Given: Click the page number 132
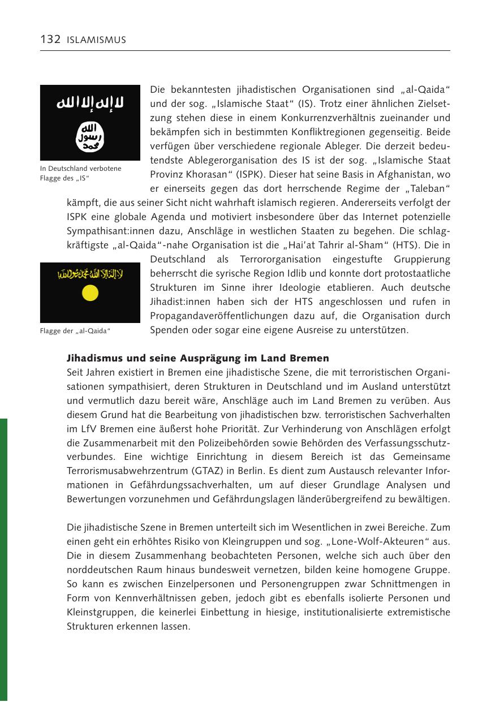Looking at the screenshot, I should (x=50, y=40).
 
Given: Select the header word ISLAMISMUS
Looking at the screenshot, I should (x=96, y=40).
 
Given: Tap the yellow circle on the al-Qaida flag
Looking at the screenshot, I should (x=90, y=292).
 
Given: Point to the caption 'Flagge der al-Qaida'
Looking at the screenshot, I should (x=75, y=331).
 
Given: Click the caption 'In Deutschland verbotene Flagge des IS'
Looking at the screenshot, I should (x=80, y=174).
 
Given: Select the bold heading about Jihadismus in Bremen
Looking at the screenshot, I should (x=198, y=359).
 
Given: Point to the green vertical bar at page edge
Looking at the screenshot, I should (x=3, y=560).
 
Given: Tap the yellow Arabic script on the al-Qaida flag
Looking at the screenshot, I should (x=90, y=275).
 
